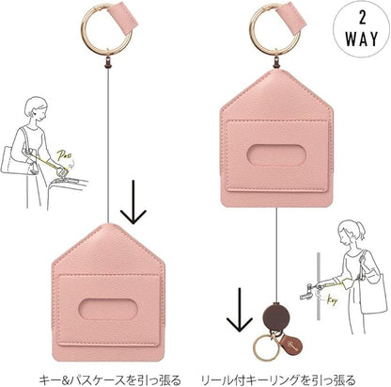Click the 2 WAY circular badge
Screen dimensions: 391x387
click(x=362, y=29)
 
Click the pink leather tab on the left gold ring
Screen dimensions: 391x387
click(x=123, y=18)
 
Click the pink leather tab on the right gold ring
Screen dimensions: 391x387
click(x=291, y=18)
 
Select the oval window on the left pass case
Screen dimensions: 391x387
click(x=108, y=309)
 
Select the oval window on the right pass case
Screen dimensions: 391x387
click(x=276, y=155)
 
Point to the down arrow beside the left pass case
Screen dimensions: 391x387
click(x=133, y=202)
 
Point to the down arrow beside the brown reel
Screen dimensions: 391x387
click(x=240, y=310)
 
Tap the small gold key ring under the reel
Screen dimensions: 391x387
click(x=265, y=347)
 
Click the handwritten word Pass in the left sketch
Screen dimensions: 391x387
click(x=64, y=155)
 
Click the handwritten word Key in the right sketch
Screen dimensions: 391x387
click(x=331, y=300)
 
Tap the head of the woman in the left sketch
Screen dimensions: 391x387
click(x=36, y=108)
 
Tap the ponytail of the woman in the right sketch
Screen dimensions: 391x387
click(x=361, y=230)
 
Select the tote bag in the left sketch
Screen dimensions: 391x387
click(x=13, y=159)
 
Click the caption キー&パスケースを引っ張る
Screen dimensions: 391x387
click(x=110, y=379)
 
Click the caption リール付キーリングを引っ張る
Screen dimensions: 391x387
click(x=278, y=379)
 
